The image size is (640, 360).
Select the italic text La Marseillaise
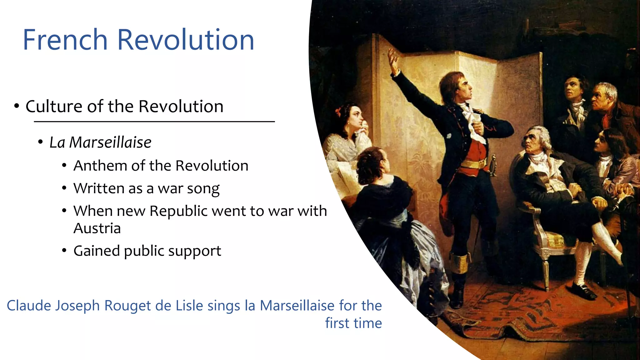[x=100, y=142]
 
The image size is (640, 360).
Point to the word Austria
[x=97, y=228]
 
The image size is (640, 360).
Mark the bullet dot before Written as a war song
[x=64, y=188]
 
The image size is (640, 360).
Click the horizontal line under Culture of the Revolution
[x=154, y=122]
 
